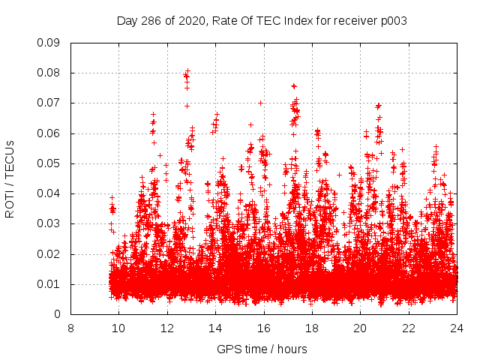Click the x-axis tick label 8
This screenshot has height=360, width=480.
tap(70, 328)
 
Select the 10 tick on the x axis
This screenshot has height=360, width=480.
tap(118, 328)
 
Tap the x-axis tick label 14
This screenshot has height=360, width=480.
tap(215, 328)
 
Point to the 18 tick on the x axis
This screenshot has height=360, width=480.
tap(312, 328)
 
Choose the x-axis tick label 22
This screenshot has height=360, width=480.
tap(409, 328)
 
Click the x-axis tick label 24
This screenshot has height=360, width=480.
tap(457, 328)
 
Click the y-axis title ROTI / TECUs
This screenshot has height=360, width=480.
tap(10, 178)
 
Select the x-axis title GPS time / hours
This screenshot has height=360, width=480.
tap(262, 349)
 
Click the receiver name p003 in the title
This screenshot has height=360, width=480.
tap(393, 21)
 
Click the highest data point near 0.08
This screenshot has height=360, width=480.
tap(187, 71)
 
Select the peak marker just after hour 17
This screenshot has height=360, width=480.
tap(293, 86)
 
